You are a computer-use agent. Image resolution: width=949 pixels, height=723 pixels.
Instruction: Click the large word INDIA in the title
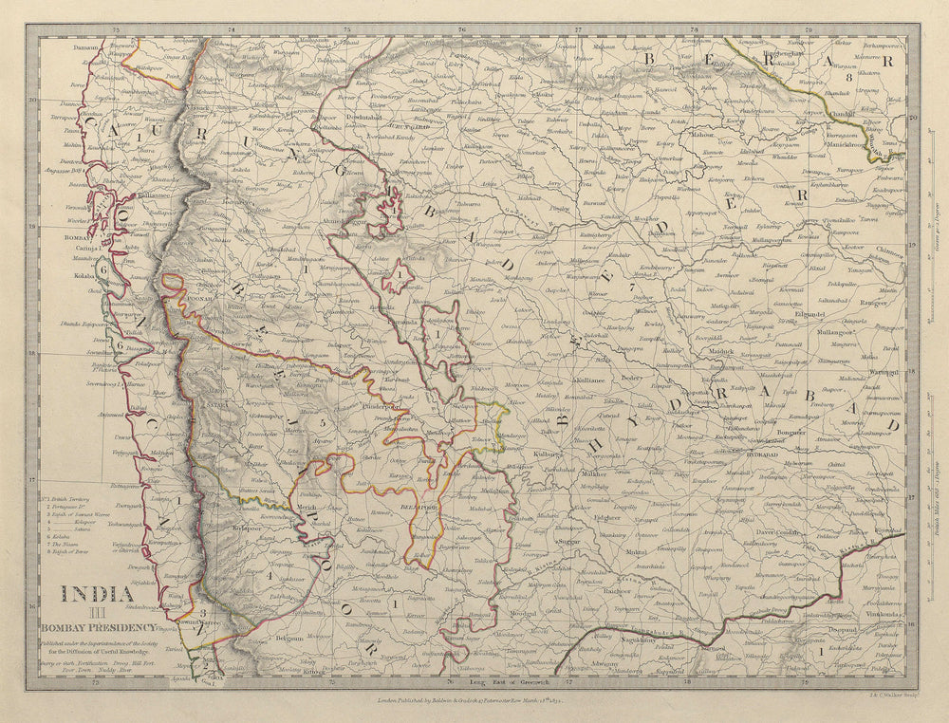click(x=97, y=595)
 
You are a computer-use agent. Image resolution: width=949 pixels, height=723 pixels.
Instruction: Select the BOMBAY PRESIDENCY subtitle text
click(x=97, y=626)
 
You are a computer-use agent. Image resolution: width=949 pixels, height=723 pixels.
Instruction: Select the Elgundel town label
click(x=813, y=313)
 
